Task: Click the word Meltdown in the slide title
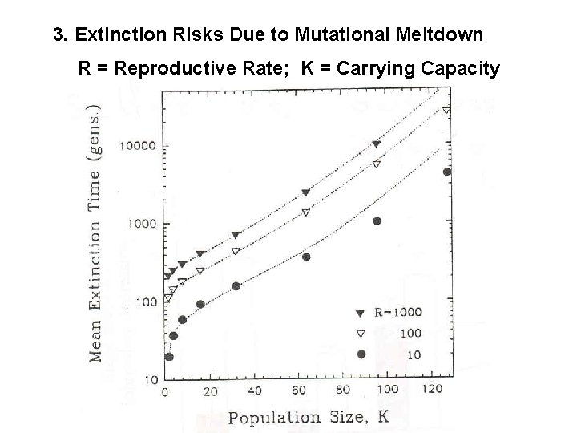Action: click(x=439, y=34)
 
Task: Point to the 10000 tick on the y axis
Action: click(x=138, y=147)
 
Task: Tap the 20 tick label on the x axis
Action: click(x=210, y=391)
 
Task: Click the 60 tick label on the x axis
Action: click(x=299, y=391)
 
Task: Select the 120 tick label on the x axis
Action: click(x=433, y=391)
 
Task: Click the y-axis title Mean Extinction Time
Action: click(x=95, y=233)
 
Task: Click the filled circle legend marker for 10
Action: click(x=361, y=354)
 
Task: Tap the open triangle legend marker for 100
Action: click(x=361, y=333)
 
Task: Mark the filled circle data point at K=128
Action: click(x=447, y=172)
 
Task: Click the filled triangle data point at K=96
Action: click(x=377, y=144)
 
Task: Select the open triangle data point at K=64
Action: click(x=305, y=212)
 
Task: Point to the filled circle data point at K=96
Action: click(x=377, y=221)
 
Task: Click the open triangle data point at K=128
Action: click(x=447, y=110)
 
